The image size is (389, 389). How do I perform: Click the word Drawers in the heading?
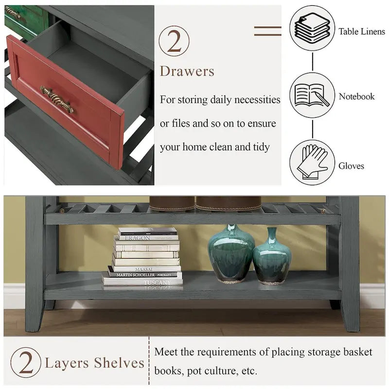[187, 71]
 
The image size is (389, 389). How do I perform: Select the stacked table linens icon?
[312, 28]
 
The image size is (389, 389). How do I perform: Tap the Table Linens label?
[362, 32]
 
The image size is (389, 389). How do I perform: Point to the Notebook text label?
[356, 96]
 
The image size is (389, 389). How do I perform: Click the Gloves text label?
[351, 166]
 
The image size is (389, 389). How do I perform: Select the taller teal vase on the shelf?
[231, 254]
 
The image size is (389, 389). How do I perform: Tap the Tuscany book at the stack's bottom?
[143, 282]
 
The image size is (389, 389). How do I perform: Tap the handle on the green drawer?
[14, 13]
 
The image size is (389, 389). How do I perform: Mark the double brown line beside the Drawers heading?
[267, 31]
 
